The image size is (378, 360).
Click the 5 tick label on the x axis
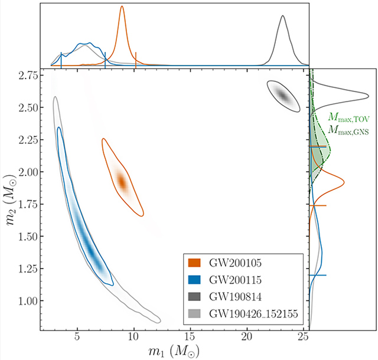[x=77, y=338]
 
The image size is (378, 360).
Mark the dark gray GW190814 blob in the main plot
[x=282, y=95]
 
